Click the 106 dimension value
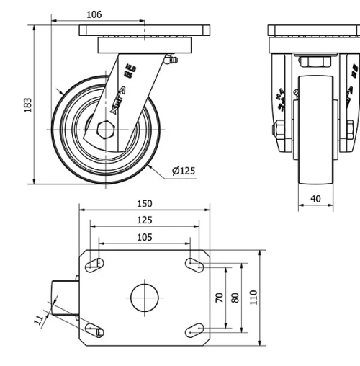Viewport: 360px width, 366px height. (94, 14)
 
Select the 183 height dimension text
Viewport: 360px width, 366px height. (28, 105)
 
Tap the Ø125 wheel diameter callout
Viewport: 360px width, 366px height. (183, 171)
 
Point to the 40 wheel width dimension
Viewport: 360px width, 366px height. (316, 198)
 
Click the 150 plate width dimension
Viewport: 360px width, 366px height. (145, 204)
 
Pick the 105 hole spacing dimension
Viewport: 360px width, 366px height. (145, 237)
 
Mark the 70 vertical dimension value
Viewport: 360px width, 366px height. (219, 298)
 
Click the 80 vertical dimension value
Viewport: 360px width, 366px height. (235, 298)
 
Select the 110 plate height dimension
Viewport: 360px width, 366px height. (253, 298)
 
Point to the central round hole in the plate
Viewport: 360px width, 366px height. (144, 297)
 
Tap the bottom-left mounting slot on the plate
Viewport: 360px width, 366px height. (94, 329)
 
